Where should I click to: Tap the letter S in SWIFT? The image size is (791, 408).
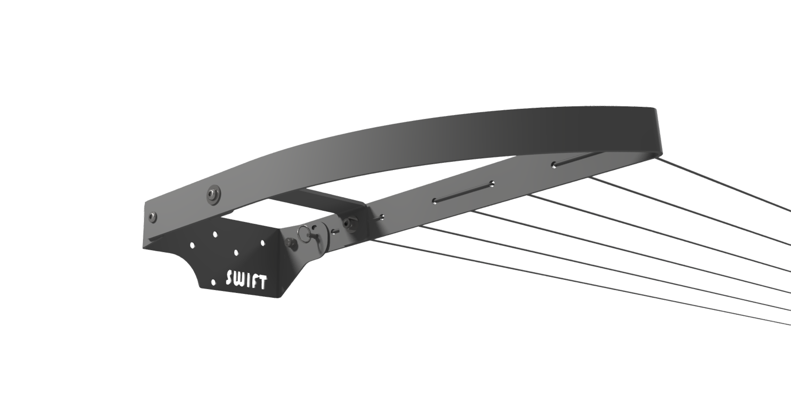231,278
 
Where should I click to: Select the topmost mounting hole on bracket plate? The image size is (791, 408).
215,234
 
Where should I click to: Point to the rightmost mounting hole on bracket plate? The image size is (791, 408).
262,242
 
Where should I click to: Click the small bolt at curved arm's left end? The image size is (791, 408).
153,216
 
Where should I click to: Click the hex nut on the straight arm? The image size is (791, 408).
348,223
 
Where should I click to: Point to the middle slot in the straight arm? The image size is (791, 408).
463,192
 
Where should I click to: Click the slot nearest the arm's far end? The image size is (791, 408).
572,160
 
